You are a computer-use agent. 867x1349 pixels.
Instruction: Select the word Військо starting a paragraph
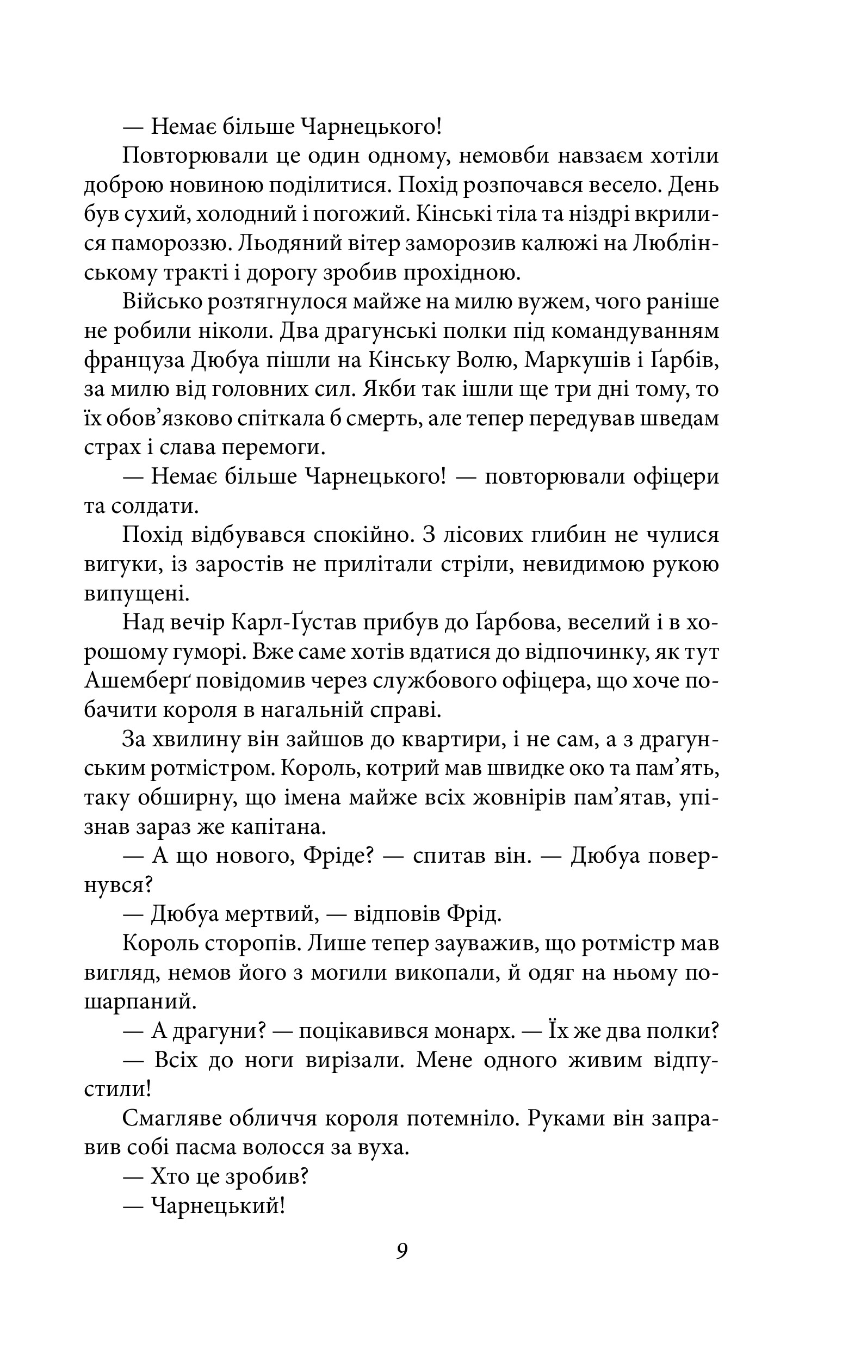point(162,302)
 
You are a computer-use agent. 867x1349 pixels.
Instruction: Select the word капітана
point(278,828)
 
